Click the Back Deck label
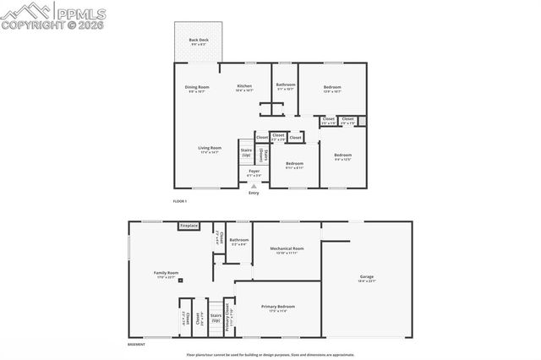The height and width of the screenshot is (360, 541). [x=198, y=41]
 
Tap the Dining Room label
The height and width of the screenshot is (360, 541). [x=197, y=87]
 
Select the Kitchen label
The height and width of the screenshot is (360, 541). [x=244, y=87]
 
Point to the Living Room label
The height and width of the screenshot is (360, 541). [x=210, y=150]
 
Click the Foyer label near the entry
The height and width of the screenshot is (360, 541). [x=254, y=172]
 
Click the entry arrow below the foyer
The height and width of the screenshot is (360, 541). [x=254, y=187]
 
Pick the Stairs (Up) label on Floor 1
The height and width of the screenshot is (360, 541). [x=246, y=153]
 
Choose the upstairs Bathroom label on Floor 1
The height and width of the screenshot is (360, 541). [x=285, y=85]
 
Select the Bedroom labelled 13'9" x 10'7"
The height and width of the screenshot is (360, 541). [x=332, y=87]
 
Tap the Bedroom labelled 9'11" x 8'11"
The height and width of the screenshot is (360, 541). [x=294, y=164]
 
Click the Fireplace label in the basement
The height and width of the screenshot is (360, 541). [x=189, y=226]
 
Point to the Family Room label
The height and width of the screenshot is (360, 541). [x=166, y=274]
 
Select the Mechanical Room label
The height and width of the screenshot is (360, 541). [x=287, y=249]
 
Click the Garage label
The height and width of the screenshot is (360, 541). [x=367, y=278]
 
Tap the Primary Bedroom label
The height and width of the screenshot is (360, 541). [x=277, y=308]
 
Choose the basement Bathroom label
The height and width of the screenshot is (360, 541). [x=239, y=241]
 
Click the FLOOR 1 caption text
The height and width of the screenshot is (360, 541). [x=179, y=201]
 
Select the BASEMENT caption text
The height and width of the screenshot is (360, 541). [x=136, y=345]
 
